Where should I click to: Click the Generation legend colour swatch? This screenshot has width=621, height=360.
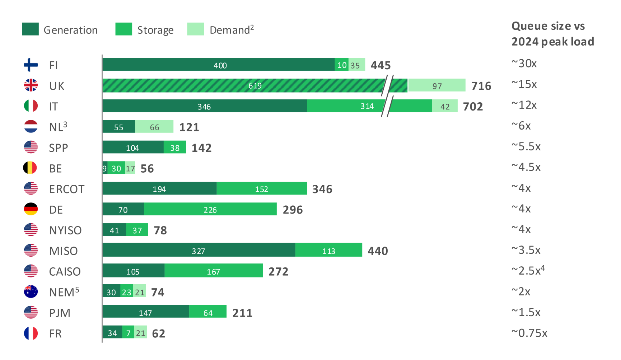[30, 29]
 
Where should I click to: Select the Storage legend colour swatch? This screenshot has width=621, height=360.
[123, 29]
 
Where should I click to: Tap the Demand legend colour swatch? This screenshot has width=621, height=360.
[195, 29]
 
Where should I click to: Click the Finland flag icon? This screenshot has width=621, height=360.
[31, 65]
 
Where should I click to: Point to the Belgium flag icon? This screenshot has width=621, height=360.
[30, 168]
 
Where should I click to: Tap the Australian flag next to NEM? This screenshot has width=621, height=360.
[31, 291]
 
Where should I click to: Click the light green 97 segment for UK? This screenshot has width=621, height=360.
[436, 85]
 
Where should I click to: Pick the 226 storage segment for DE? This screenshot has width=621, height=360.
[210, 209]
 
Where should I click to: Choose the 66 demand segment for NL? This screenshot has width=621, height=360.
[154, 127]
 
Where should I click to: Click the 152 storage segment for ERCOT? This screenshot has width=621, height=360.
[262, 188]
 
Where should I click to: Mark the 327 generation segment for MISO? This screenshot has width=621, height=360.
[199, 250]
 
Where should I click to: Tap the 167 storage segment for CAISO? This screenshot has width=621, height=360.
[214, 271]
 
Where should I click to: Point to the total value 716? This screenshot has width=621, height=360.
[481, 86]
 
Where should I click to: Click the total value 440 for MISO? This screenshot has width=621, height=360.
[378, 251]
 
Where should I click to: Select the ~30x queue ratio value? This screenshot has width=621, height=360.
[524, 64]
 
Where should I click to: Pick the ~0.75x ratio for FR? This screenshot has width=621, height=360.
[529, 333]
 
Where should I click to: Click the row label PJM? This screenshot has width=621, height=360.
[60, 313]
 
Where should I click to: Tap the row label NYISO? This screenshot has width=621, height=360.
[65, 230]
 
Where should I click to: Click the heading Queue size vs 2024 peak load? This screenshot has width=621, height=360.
[552, 34]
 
